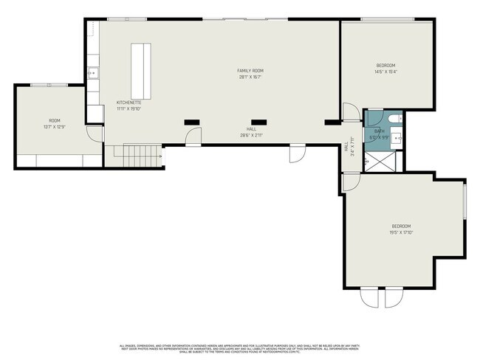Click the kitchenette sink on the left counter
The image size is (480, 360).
(92, 72)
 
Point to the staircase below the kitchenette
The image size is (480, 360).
(140, 155)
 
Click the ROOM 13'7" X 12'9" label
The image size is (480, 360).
(55, 122)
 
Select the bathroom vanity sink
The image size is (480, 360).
(396, 136)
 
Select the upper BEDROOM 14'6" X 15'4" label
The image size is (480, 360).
(385, 68)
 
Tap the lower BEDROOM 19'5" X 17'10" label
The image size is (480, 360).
(401, 229)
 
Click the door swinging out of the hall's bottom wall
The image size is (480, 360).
(296, 153)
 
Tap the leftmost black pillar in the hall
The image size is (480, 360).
(191, 122)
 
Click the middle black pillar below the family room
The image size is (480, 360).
(258, 122)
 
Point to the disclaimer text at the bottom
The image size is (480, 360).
(241, 349)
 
